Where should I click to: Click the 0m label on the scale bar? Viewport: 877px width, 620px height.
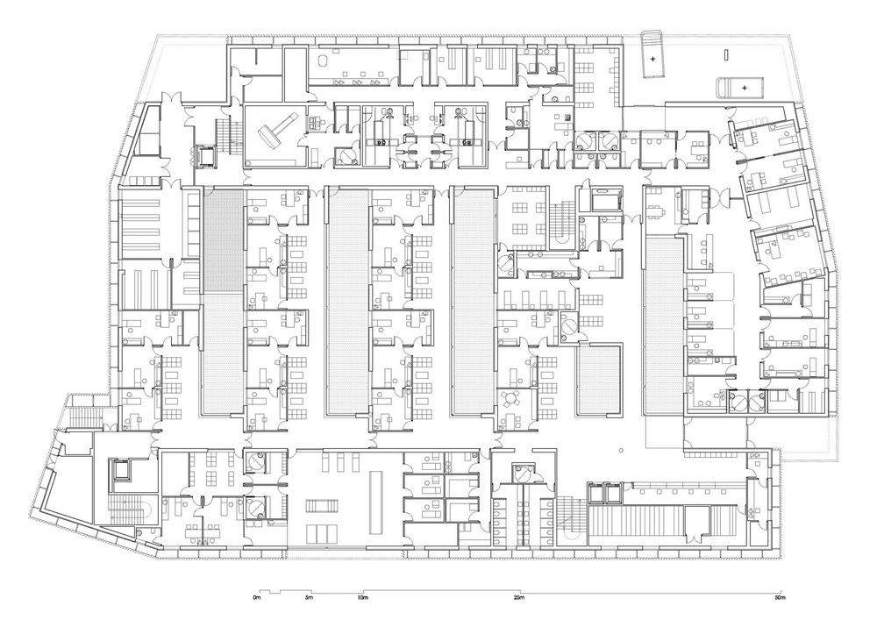(x=257, y=597)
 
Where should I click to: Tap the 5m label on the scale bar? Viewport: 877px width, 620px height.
(x=310, y=597)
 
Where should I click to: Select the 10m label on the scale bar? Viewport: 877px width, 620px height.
(x=362, y=597)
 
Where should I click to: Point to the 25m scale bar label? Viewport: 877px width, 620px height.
(x=519, y=597)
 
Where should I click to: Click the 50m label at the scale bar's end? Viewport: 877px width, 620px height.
(x=781, y=597)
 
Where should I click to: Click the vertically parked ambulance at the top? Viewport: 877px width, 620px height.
(x=652, y=55)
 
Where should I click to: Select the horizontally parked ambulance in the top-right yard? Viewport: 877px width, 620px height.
(x=740, y=88)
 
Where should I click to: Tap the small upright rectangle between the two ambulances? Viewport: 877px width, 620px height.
(x=725, y=54)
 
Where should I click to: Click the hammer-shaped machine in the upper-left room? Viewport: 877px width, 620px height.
(x=275, y=132)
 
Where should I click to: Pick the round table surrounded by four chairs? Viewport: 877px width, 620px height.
(x=511, y=399)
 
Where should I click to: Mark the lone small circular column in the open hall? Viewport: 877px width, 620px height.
(x=621, y=450)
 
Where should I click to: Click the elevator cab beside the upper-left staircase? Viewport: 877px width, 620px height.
(x=203, y=155)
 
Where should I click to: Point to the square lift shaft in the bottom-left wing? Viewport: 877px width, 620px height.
(x=121, y=469)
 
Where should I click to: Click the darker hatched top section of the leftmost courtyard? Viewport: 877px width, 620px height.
(x=223, y=239)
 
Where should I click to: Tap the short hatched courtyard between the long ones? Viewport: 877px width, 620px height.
(x=599, y=381)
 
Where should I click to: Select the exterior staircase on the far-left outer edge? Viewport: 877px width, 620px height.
(x=82, y=412)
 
